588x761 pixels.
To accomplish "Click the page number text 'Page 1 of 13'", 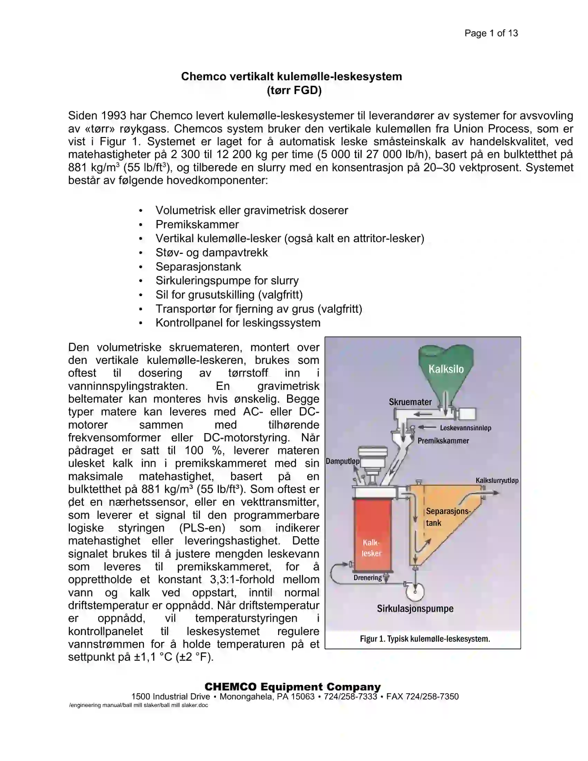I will coord(491,33).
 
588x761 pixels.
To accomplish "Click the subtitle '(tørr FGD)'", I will coord(294,90).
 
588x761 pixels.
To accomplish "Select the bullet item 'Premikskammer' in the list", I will coord(197,224).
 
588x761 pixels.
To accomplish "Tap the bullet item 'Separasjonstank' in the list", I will coord(198,267).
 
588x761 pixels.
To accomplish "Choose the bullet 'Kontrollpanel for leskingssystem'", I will coord(238,323).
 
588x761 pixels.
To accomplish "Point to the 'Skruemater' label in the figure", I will coord(410,402).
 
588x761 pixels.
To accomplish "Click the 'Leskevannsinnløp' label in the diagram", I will coord(465,428).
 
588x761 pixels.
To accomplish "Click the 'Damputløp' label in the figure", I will coord(342,461).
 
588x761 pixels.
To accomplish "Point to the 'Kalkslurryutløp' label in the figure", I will coord(497,480).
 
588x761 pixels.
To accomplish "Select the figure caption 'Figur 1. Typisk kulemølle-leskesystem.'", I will coord(425,639).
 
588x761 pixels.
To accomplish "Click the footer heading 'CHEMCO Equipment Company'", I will coord(293,687).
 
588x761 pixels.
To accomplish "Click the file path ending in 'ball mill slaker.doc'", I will coord(138,705).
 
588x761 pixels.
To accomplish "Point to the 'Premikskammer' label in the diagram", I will coord(443,441).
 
